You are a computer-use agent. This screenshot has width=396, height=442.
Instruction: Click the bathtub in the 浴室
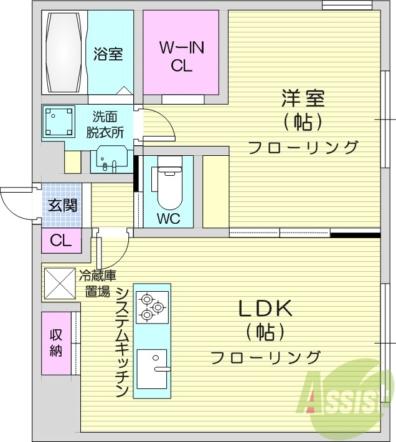[x=64, y=52]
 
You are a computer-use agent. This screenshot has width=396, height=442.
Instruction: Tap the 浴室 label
[x=108, y=54]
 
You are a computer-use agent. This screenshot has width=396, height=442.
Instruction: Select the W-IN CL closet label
[x=181, y=56]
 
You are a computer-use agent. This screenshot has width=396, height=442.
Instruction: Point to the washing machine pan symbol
[x=59, y=122]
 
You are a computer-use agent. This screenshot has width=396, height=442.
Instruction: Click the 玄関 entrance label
[x=63, y=204]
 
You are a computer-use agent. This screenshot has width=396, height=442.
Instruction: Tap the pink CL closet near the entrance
[x=61, y=241]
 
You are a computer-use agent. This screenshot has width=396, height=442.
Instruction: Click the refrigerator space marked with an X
[x=59, y=284]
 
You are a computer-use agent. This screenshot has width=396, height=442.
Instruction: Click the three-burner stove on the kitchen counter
[x=152, y=306]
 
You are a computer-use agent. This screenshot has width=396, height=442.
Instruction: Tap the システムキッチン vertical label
[x=122, y=342]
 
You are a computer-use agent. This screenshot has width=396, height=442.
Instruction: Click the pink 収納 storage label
[x=56, y=342]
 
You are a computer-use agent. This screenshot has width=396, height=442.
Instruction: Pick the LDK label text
[x=265, y=309]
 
